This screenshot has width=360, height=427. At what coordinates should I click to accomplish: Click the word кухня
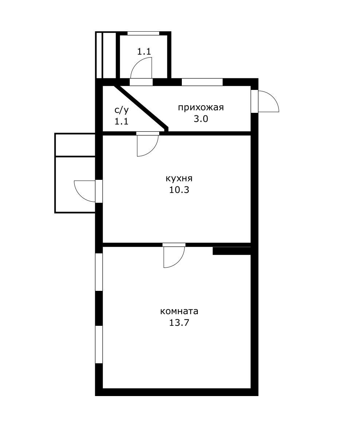(179, 179)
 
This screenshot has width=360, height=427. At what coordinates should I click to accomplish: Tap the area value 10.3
(179, 190)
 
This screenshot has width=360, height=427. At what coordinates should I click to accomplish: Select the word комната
(179, 311)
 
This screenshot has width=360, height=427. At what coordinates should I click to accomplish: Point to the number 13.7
(179, 323)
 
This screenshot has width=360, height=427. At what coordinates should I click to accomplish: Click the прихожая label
(201, 107)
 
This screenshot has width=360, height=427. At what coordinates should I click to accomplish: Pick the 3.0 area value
(201, 119)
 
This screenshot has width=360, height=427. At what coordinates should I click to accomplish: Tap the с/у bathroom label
(121, 110)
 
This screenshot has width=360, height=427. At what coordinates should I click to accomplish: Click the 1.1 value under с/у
(121, 122)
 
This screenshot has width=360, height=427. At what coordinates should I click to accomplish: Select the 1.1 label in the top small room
(144, 51)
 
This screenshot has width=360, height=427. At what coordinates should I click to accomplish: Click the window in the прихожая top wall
(202, 82)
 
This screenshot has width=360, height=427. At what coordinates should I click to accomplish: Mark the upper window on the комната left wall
(99, 272)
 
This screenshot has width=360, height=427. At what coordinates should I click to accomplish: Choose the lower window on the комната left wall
(99, 344)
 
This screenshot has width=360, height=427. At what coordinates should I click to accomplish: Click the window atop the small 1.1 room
(143, 33)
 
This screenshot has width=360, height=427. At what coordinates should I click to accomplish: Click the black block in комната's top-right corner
(232, 251)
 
